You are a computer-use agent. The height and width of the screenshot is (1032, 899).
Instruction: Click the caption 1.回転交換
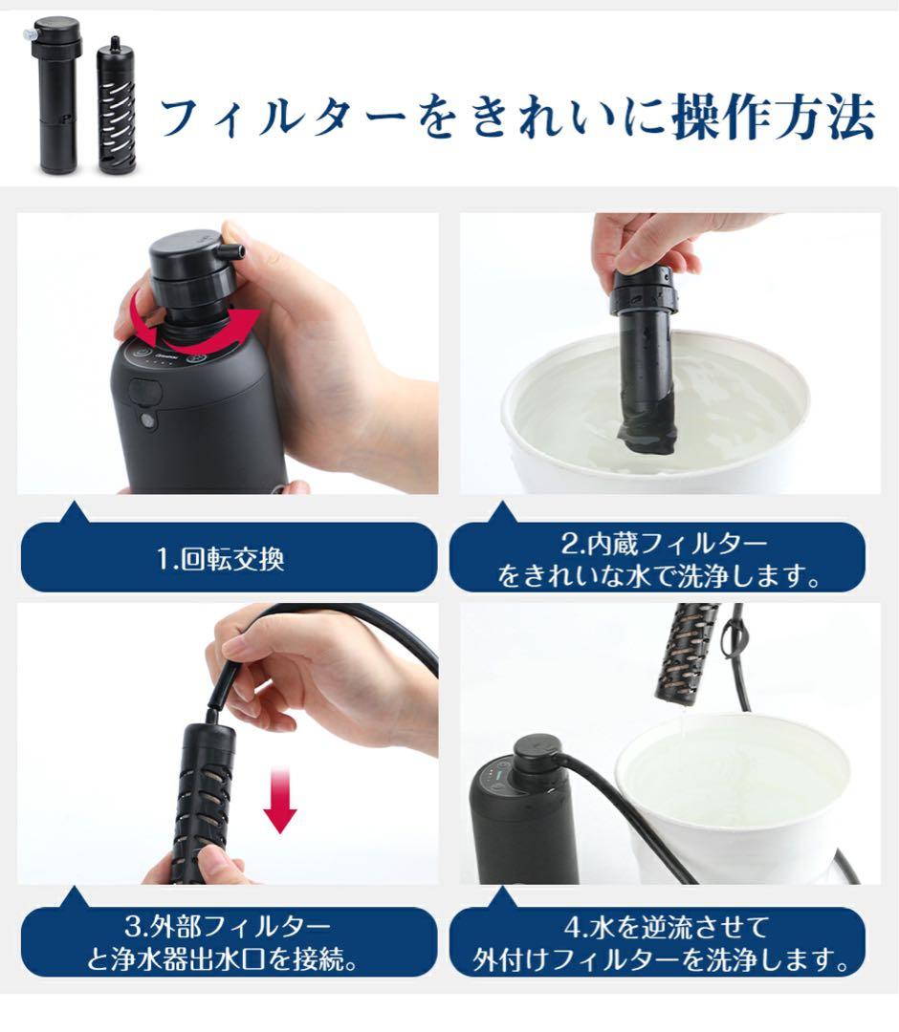pyautogui.click(x=221, y=558)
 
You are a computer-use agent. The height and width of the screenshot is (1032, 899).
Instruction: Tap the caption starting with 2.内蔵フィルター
pyautogui.click(x=660, y=561)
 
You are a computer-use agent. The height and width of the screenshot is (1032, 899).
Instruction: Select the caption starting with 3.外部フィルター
pyautogui.click(x=221, y=942)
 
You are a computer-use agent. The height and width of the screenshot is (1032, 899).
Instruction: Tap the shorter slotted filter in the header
pyautogui.click(x=118, y=110)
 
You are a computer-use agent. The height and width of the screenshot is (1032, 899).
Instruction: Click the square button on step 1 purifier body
pyautogui.click(x=144, y=391)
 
